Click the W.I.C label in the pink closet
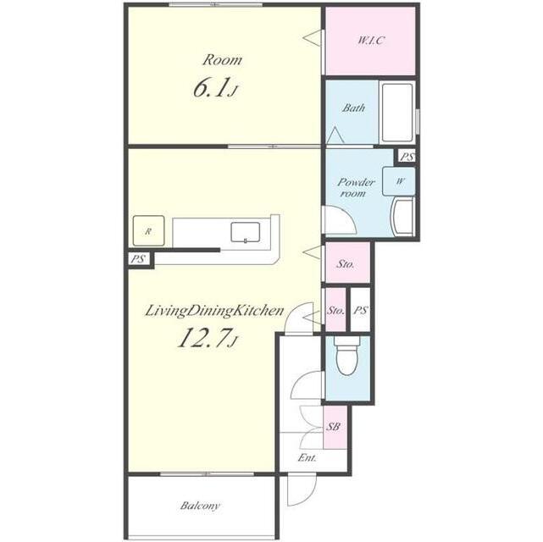[x=370, y=41]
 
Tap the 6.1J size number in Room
[x=214, y=88]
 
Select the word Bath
[x=353, y=108]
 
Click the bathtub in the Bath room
[x=396, y=112]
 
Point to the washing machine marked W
[x=399, y=181]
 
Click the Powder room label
[x=356, y=187]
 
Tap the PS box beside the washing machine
[x=406, y=157]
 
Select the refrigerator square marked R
[x=148, y=231]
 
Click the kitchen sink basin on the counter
[x=245, y=232]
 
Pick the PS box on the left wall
[x=139, y=259]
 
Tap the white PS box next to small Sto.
[x=360, y=310]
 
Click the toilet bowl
[x=347, y=358]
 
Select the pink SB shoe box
[x=335, y=428]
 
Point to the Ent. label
[x=308, y=457]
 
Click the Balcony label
[x=200, y=506]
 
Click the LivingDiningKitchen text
[x=214, y=311]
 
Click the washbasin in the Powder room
[x=402, y=216]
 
